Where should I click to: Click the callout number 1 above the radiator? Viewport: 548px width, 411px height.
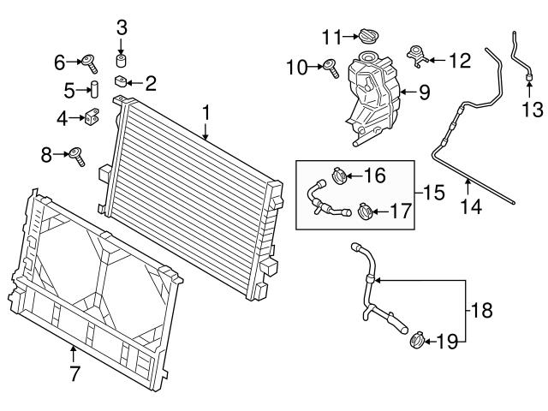coord(205,111)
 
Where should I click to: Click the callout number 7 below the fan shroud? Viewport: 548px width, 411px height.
coord(74,372)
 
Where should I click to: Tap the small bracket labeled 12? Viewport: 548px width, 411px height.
coord(419,58)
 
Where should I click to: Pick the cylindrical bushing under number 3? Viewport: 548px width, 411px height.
coord(122,62)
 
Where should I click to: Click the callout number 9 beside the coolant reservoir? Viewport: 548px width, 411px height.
coord(424,91)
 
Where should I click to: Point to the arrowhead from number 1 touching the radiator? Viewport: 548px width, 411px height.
coord(205,138)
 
